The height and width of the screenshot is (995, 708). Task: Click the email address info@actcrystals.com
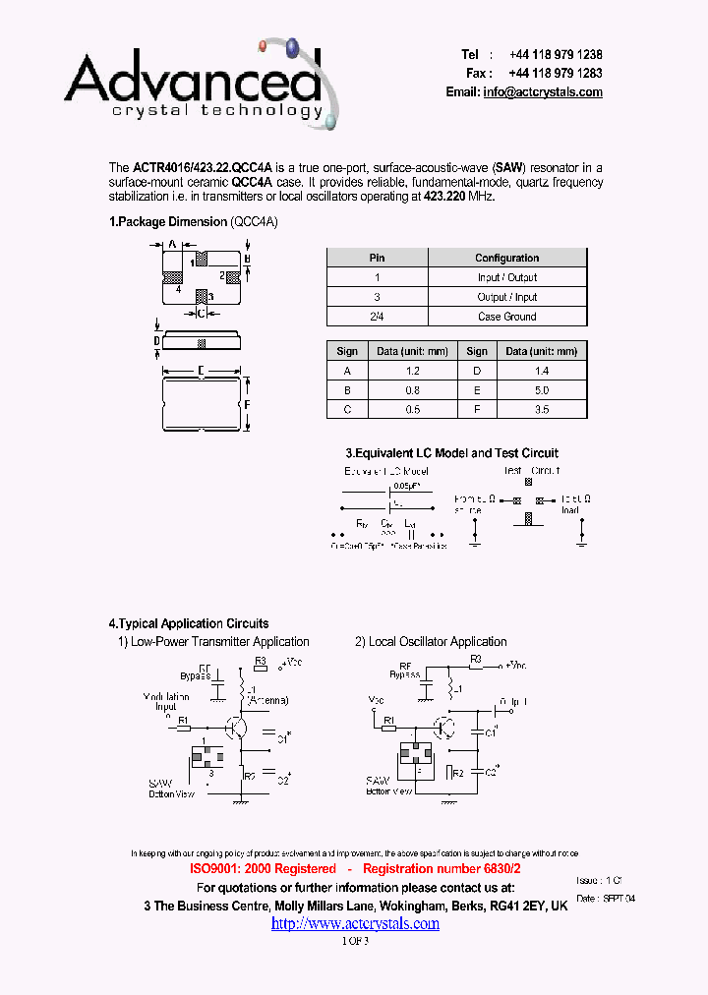click(543, 91)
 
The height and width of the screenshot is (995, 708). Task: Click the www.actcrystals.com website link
click(355, 923)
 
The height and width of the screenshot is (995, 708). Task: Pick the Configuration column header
click(507, 258)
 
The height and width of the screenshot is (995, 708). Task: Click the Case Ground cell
click(507, 317)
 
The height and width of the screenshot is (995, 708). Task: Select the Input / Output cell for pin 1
click(507, 277)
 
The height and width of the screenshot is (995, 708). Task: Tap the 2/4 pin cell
click(377, 317)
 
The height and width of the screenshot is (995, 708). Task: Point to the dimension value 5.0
click(541, 390)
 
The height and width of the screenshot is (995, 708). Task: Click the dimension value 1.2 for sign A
click(412, 371)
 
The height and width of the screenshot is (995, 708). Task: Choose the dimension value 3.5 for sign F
click(541, 410)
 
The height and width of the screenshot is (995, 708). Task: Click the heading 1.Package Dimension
click(168, 222)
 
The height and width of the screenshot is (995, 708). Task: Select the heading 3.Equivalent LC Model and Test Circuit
click(451, 453)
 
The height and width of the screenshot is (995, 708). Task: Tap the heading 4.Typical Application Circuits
click(188, 623)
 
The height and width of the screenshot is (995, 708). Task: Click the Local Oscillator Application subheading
click(431, 642)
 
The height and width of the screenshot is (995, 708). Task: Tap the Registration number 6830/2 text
click(442, 869)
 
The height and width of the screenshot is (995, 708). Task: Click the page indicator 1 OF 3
click(354, 941)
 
